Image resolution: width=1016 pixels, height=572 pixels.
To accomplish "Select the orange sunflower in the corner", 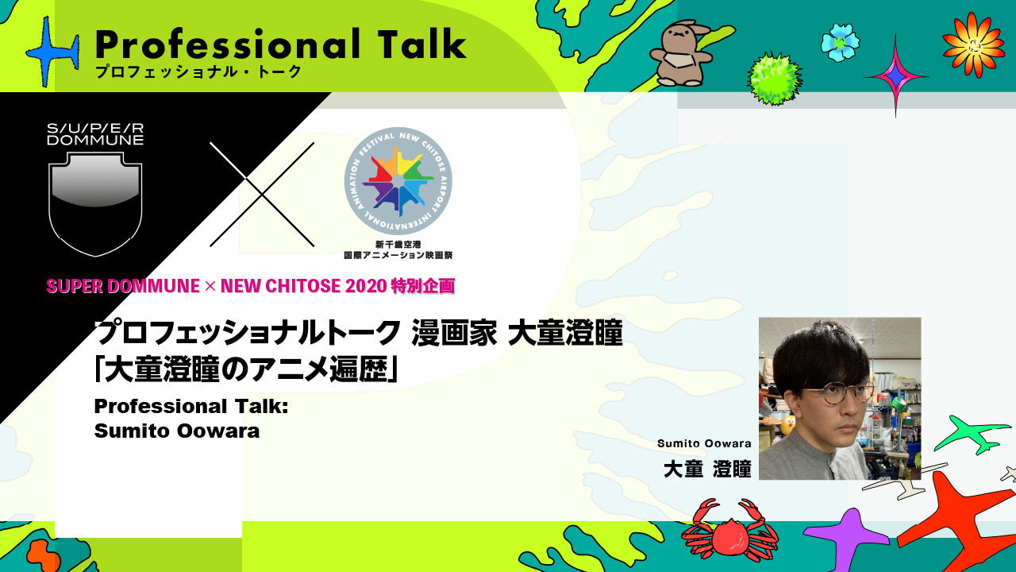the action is coord(973,44).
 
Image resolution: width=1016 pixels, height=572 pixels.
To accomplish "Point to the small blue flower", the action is coord(840,43).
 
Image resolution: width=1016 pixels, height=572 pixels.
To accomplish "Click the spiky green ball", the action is coord(774,79).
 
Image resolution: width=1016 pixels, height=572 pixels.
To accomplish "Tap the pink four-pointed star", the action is coord(896,75).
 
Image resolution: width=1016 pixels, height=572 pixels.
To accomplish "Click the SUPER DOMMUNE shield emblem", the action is coord(95,204).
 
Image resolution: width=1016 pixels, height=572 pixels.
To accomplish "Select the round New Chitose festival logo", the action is coord(398,181).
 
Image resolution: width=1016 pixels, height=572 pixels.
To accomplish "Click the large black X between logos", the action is coord(262,195).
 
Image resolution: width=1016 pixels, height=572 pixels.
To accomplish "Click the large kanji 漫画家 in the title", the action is coord(454,333).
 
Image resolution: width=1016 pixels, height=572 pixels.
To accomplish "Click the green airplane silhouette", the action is coord(972,434).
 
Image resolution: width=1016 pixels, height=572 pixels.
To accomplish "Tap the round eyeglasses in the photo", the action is coord(837,393).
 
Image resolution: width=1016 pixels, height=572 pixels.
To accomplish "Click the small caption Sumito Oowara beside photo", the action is coord(704,443).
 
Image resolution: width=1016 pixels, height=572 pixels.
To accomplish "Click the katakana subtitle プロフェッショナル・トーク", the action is coord(198,71).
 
